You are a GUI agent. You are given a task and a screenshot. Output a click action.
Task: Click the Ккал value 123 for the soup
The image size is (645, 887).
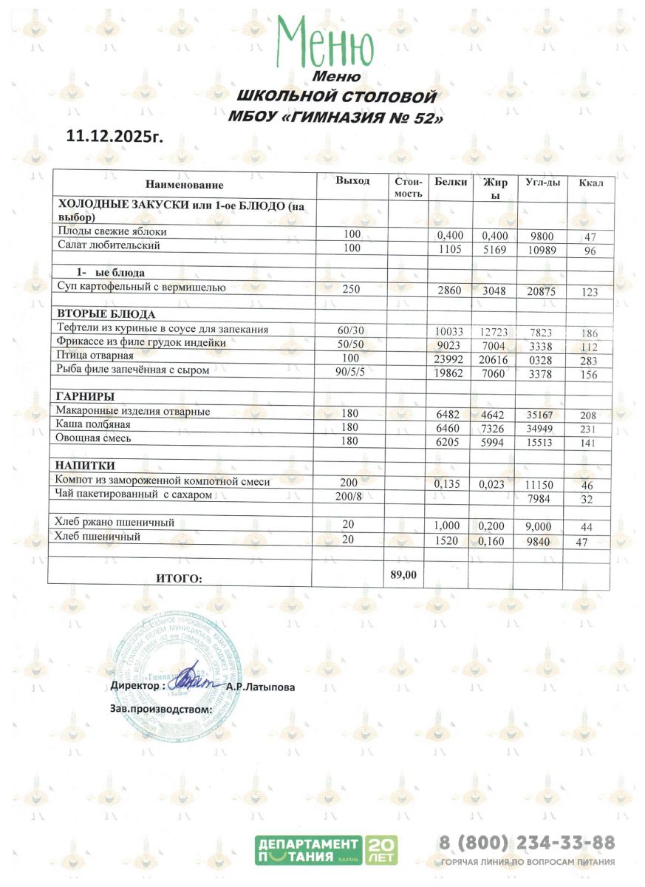click(590, 292)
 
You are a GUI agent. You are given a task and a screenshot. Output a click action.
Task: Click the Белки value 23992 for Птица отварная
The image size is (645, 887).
click(448, 357)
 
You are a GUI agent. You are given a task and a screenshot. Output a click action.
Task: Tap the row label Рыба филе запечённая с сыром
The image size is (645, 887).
click(133, 370)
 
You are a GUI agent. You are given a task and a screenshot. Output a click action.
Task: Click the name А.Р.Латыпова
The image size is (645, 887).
click(261, 687)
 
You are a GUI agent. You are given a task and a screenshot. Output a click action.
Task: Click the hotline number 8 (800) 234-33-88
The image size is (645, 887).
click(527, 843)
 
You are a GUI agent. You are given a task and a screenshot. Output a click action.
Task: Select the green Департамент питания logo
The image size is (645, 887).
click(326, 851)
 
